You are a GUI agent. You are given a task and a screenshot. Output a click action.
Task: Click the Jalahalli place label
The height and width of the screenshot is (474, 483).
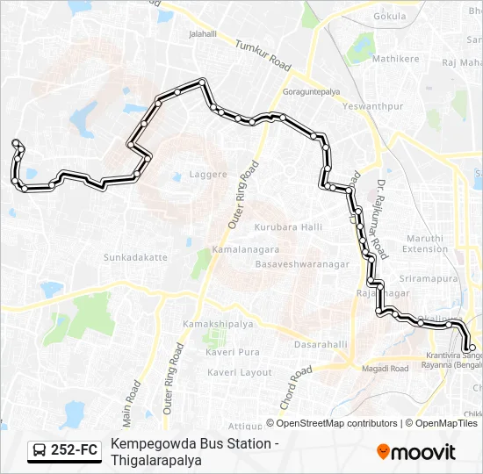coord(203,34)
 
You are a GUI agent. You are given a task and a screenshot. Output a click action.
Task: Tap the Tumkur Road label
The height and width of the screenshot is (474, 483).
coord(262,54)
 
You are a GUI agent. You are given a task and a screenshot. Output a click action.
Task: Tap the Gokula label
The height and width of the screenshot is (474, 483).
coord(390,16)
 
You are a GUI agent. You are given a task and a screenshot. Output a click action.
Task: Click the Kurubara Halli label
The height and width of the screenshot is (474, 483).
coord(288,227)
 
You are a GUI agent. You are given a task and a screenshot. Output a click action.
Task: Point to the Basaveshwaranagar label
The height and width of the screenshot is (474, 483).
coord(302,264)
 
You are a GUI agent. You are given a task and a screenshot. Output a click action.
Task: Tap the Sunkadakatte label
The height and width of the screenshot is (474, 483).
coord(135,257)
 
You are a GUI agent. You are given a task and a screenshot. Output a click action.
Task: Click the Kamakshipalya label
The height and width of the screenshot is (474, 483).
coord(218,324)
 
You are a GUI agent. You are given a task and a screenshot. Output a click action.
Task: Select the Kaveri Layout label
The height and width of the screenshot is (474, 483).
coord(240,372)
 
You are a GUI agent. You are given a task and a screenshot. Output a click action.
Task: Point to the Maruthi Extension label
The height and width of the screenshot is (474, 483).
coord(424,243)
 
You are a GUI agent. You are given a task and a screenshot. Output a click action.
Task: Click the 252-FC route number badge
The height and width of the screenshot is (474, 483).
coord(64,451)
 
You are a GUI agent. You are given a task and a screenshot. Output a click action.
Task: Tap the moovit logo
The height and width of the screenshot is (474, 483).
coord(416,452)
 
